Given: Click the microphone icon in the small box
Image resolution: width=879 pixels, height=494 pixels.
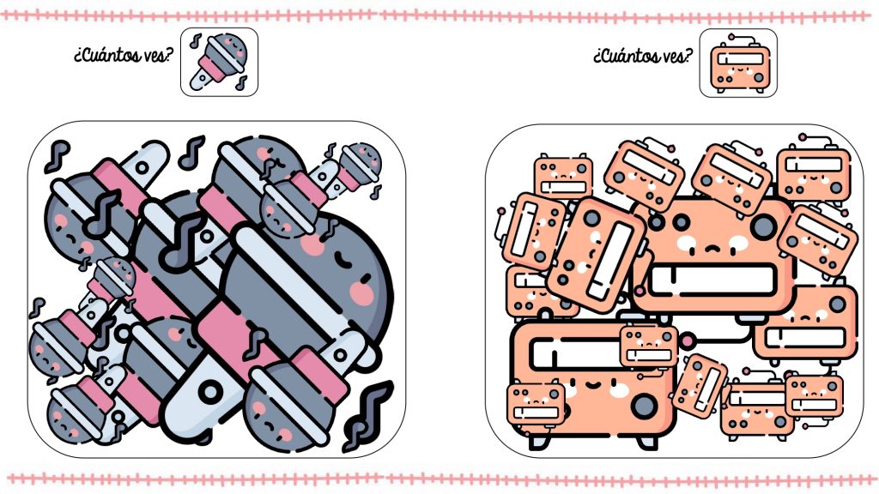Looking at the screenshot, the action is click(219, 62).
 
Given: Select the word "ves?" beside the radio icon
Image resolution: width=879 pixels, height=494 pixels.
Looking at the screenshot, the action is click(678, 56).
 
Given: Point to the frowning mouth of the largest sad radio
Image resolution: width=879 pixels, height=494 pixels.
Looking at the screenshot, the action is click(712, 248).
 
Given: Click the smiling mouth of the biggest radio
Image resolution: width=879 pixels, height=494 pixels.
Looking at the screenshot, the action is click(588, 384).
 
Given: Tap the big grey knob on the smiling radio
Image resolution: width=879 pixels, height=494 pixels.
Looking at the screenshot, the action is click(644, 405).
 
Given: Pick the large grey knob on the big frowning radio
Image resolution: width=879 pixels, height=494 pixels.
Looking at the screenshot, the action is click(763, 226).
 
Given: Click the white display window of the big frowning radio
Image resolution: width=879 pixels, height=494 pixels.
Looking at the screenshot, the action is click(712, 280).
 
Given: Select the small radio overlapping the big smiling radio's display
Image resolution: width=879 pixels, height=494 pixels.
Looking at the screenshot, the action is click(649, 346).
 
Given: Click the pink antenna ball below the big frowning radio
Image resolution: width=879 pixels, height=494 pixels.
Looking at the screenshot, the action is click(688, 340).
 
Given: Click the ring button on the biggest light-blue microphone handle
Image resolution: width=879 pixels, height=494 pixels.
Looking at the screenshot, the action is click(211, 391).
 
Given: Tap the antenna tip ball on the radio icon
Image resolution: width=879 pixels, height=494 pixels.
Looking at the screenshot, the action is click(730, 37).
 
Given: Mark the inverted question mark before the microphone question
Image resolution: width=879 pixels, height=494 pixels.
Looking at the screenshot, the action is click(76, 57).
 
